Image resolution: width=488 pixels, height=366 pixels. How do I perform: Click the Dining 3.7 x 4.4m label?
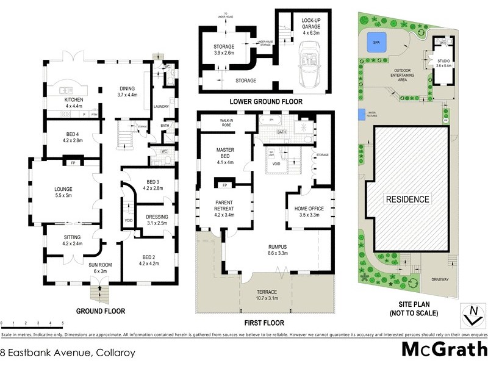click(x=128, y=91)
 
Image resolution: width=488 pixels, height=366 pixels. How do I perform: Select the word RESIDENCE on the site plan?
click(x=406, y=199)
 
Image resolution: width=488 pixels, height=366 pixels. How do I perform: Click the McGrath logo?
click(x=444, y=350)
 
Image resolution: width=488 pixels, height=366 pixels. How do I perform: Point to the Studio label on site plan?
click(x=443, y=62)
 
